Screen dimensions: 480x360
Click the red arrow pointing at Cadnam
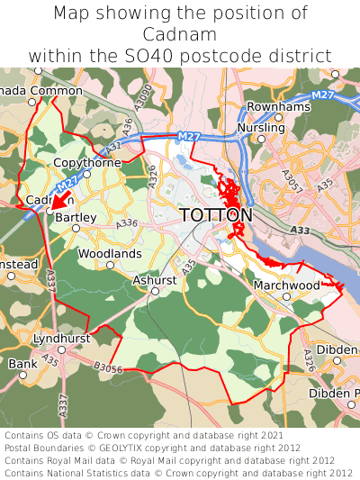pyautogui.click(x=60, y=198)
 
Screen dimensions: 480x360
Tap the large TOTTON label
pyautogui.click(x=216, y=215)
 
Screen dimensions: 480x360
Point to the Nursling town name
pyautogui.click(x=260, y=129)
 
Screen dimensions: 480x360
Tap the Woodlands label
pyautogui.click(x=110, y=254)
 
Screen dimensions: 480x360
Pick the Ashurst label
pyautogui.click(x=155, y=280)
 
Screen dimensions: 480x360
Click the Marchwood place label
pyautogui.click(x=287, y=285)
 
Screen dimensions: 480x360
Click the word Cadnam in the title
pyautogui.click(x=180, y=34)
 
